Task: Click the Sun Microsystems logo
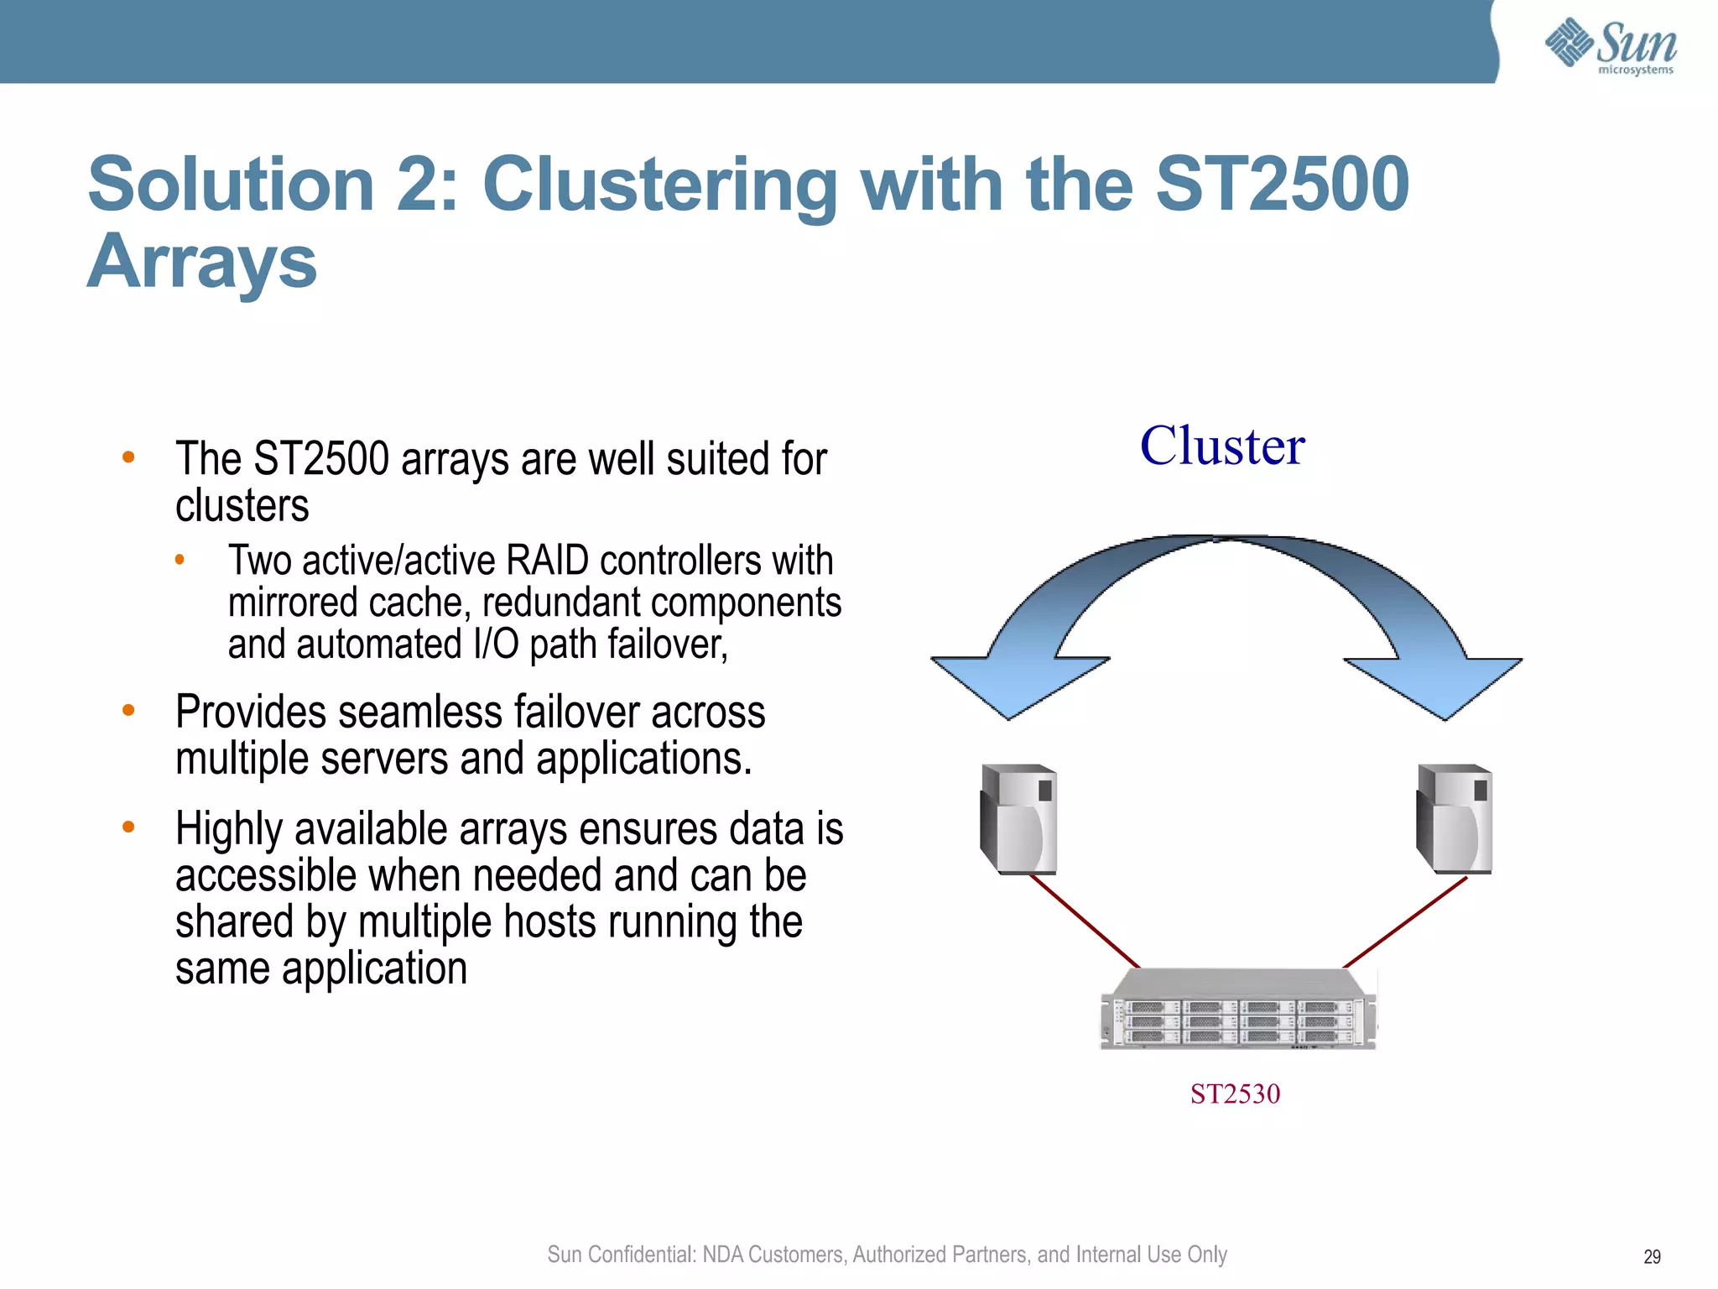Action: (x=1610, y=46)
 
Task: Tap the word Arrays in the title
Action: (x=202, y=262)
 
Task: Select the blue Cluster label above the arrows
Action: (x=1222, y=446)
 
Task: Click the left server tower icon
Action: (x=1018, y=819)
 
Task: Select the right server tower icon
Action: (x=1455, y=819)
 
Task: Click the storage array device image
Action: (x=1238, y=1010)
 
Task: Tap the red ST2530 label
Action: (x=1235, y=1093)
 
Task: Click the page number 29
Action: (x=1652, y=1256)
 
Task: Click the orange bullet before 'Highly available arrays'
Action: (x=128, y=827)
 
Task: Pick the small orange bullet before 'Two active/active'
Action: (x=180, y=560)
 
